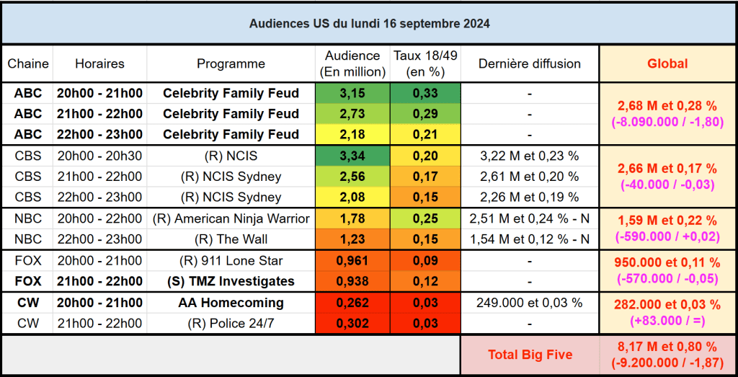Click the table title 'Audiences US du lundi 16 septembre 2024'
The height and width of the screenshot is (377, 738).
pyautogui.click(x=369, y=23)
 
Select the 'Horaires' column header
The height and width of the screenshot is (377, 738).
pyautogui.click(x=99, y=63)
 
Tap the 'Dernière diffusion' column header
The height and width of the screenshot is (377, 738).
pyautogui.click(x=530, y=63)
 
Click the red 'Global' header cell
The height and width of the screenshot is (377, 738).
pyautogui.click(x=667, y=63)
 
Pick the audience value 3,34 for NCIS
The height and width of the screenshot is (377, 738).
pyautogui.click(x=352, y=156)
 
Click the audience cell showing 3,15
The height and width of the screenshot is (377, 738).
pyautogui.click(x=352, y=93)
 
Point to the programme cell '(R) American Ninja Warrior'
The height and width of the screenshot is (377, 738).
pyautogui.click(x=231, y=218)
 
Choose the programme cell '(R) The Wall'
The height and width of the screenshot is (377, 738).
pyautogui.click(x=231, y=239)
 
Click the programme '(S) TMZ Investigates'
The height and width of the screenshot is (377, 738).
pyautogui.click(x=231, y=281)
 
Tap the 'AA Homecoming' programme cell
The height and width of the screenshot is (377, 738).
pyautogui.click(x=231, y=303)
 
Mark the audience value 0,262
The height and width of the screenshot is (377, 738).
pyautogui.click(x=352, y=303)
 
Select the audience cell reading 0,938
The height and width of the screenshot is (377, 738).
pyautogui.click(x=352, y=281)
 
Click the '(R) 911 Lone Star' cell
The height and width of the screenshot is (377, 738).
pyautogui.click(x=231, y=260)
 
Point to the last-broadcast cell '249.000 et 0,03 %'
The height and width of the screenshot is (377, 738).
pyautogui.click(x=530, y=303)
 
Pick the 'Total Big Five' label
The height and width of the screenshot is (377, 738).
pyautogui.click(x=530, y=355)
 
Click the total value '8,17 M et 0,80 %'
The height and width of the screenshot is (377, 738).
pyautogui.click(x=667, y=347)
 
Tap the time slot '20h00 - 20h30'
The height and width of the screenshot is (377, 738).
pyautogui.click(x=99, y=156)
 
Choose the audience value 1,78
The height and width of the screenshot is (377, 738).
pyautogui.click(x=352, y=218)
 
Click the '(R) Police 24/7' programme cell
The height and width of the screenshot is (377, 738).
pyautogui.click(x=231, y=324)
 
